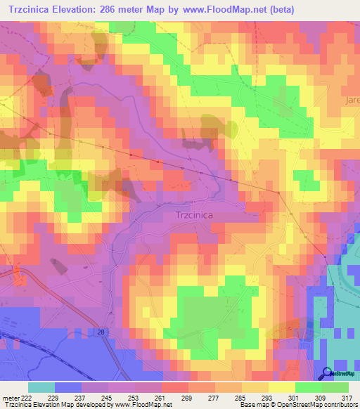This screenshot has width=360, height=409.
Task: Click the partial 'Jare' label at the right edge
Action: click(352, 100)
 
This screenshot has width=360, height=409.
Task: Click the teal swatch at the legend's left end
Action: click(41, 387)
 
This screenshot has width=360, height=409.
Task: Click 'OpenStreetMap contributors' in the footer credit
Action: click(321, 404)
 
